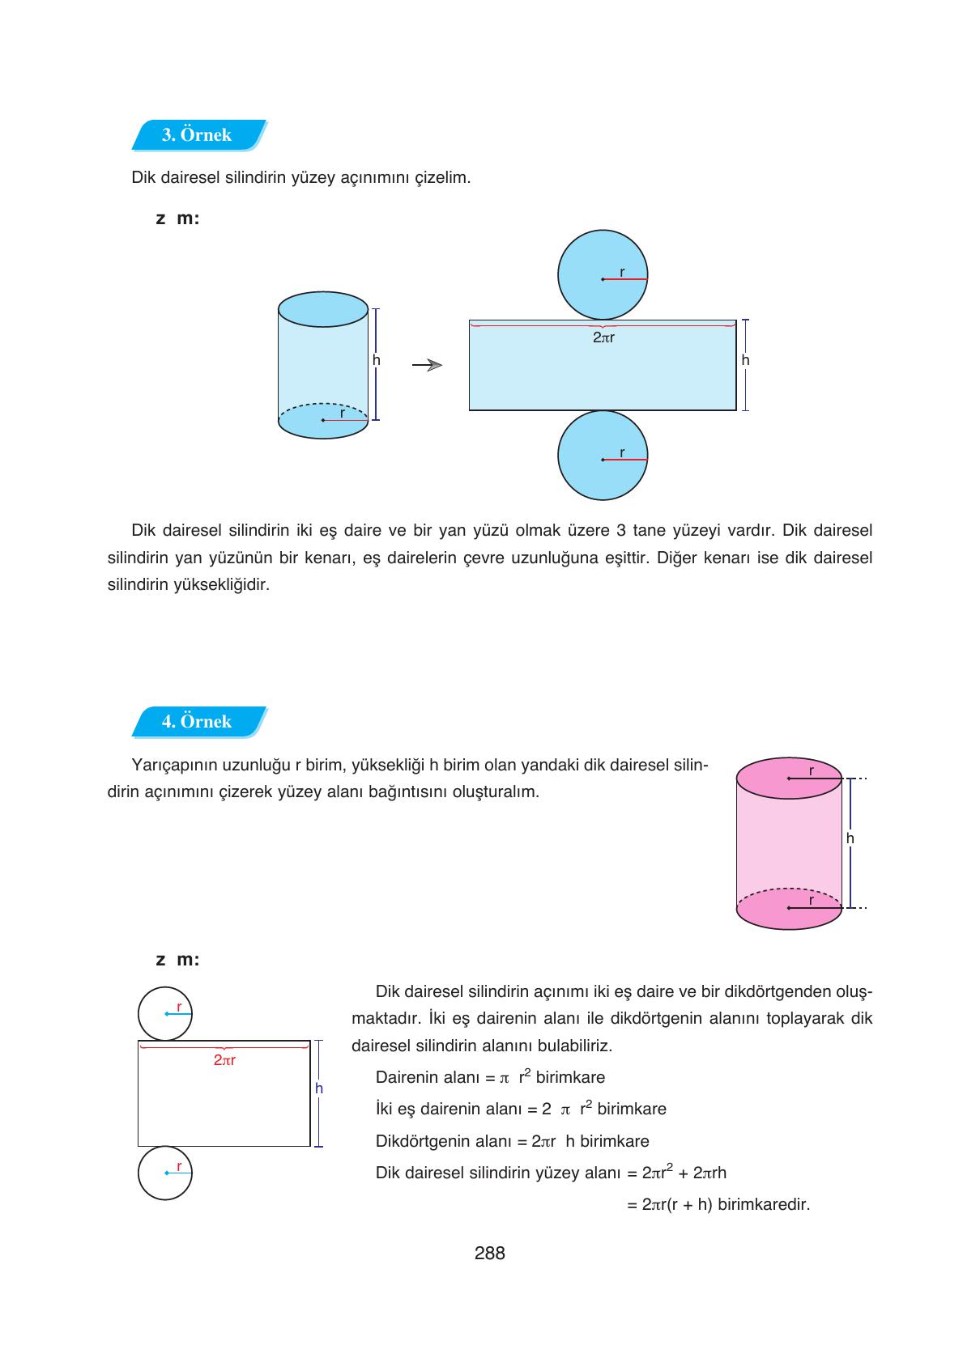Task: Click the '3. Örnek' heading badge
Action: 198,135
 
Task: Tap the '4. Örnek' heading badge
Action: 198,722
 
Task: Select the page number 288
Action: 490,1254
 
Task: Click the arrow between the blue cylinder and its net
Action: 427,365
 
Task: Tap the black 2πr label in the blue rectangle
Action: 603,338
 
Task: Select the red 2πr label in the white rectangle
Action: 224,1060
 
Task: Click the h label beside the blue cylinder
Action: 377,361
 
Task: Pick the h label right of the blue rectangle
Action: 745,361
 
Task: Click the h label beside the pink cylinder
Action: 850,839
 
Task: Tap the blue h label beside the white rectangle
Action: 319,1089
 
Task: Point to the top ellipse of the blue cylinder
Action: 323,310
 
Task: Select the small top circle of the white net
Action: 165,1013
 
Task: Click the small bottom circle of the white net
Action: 165,1172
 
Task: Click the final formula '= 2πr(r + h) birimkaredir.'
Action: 718,1205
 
